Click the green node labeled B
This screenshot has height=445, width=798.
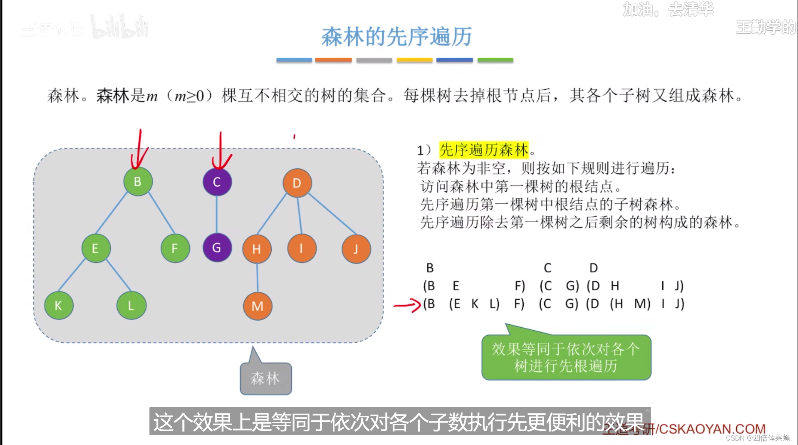[138, 182]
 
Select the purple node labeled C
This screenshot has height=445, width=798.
[217, 182]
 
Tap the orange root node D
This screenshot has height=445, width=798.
[297, 183]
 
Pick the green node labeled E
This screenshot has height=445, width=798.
[96, 248]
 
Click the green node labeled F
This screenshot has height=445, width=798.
[175, 248]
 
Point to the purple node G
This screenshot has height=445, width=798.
[217, 247]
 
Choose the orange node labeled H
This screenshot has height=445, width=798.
[257, 249]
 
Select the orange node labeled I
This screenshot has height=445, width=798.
[301, 248]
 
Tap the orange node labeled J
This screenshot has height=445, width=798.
[356, 249]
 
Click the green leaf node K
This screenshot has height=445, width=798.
[59, 305]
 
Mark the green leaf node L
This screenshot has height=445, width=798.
[131, 305]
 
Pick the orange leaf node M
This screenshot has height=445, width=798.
[257, 306]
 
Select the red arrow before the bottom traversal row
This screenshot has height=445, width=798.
[407, 305]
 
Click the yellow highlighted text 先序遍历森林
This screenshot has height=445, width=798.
[484, 150]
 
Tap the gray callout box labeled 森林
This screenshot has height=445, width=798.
[266, 378]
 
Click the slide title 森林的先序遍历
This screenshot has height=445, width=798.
[396, 37]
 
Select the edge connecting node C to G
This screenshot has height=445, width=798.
[217, 214]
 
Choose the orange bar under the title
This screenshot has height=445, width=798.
[333, 60]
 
